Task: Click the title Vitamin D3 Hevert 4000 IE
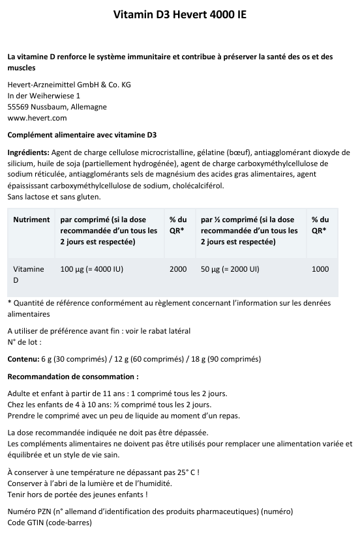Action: coord(180,14)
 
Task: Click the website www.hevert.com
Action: coord(37,118)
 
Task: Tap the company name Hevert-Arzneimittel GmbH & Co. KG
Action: coord(68,85)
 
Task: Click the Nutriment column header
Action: coord(31,220)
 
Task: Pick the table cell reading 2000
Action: coord(178,268)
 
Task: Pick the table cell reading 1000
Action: coord(320,268)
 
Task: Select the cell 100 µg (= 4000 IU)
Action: coord(91,268)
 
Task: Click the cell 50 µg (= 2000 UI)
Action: coord(230,268)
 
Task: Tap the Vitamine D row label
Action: coord(29,274)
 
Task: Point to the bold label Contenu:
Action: coord(23,359)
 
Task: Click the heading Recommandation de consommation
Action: coord(72,377)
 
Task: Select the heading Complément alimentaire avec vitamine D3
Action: coord(82,136)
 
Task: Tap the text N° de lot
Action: coord(23,341)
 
